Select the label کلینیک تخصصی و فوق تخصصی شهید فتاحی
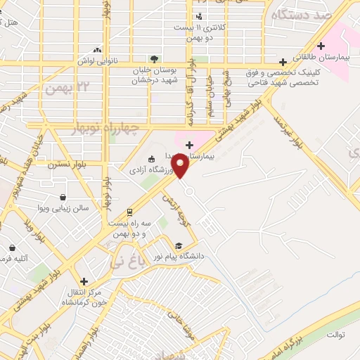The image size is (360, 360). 281,77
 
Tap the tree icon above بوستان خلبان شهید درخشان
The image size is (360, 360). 154,59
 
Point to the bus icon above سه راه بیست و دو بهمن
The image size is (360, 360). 129,212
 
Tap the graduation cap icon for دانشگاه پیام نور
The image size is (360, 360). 179,245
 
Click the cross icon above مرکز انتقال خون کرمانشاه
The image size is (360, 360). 84,281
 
